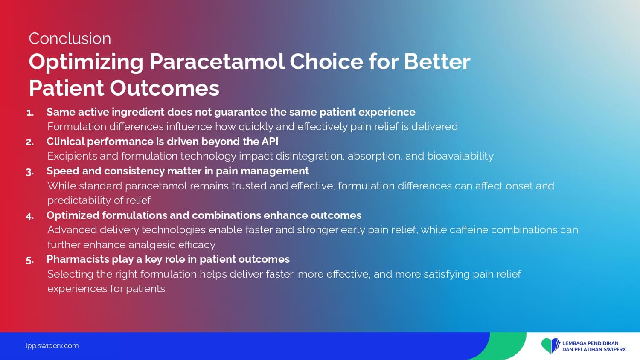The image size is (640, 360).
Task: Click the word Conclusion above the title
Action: [70, 38]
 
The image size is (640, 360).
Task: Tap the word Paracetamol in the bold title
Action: [217, 62]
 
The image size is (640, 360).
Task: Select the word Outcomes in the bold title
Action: [165, 88]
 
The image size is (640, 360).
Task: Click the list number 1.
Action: [30, 113]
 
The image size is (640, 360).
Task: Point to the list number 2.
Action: [30, 142]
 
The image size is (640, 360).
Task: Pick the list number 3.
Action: [30, 172]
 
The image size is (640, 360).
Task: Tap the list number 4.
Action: [30, 216]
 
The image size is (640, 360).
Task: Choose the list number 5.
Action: [30, 260]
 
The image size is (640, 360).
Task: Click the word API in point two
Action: [270, 142]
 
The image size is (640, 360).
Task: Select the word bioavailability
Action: [460, 156]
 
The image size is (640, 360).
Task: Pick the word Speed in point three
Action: [63, 171]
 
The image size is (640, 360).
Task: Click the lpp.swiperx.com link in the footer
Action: [52, 346]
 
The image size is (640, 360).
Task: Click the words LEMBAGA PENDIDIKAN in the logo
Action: [590, 343]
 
